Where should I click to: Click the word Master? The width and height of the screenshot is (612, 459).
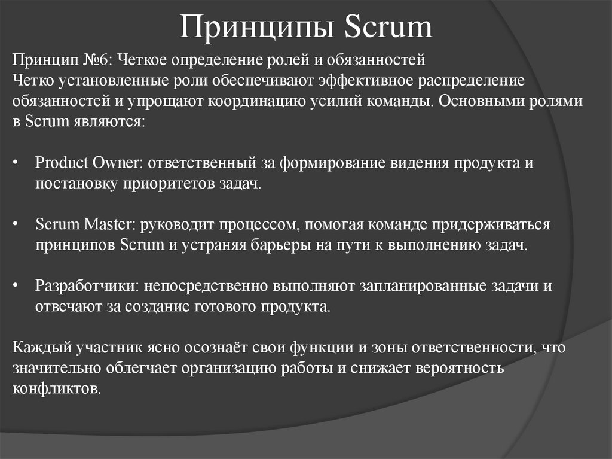111,225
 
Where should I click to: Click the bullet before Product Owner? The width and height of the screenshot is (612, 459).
16,164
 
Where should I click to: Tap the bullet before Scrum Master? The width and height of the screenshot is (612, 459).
16,226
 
